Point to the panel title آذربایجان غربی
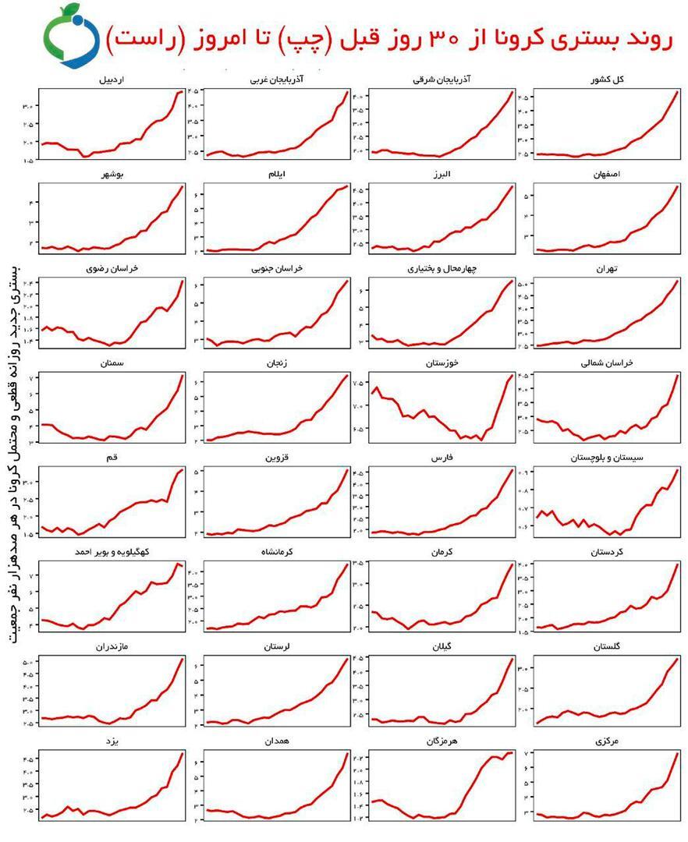(x=277, y=80)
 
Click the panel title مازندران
(x=112, y=647)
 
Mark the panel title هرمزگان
(x=442, y=741)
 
